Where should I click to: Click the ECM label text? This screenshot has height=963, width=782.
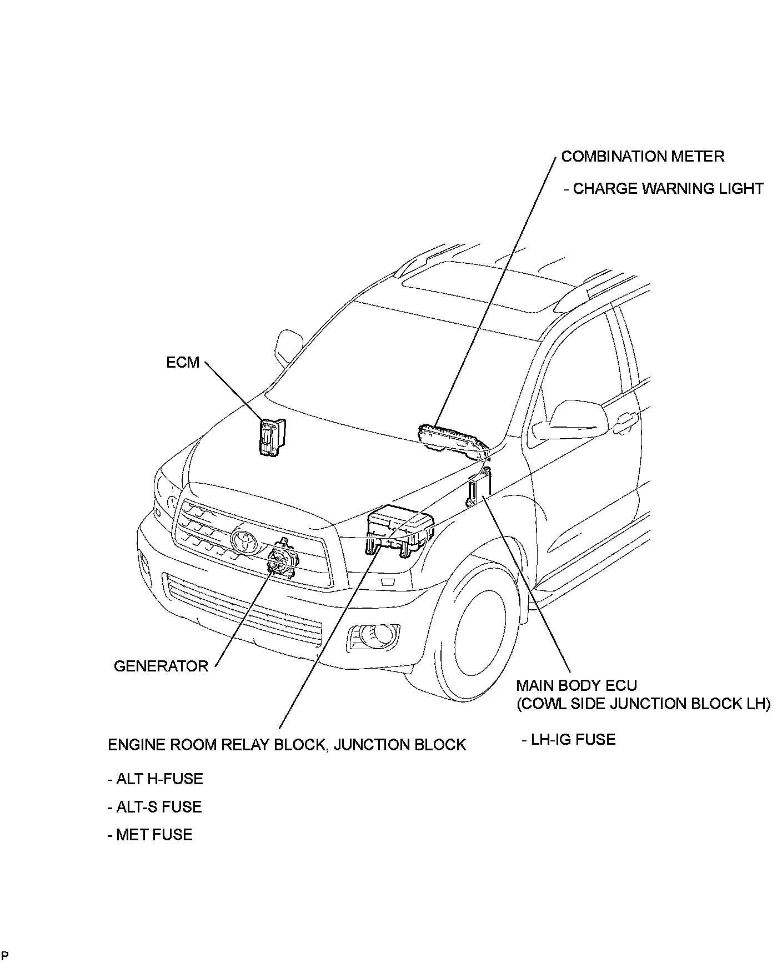tap(183, 363)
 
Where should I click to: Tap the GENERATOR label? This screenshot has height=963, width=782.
tap(161, 666)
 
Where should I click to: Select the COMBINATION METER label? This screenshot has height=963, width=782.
tap(643, 157)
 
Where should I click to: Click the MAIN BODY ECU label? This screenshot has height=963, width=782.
tap(577, 685)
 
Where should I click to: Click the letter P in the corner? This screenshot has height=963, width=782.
tap(5, 956)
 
